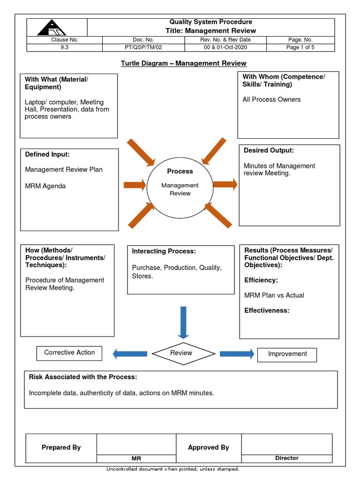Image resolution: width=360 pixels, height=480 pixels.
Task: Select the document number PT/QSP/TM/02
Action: (x=143, y=47)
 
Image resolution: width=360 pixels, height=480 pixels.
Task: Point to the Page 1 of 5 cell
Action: (x=300, y=47)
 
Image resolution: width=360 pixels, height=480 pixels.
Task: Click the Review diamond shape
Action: (x=181, y=353)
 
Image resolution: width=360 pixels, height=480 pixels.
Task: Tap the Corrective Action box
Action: (x=69, y=353)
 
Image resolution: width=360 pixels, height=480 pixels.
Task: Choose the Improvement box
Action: (x=287, y=354)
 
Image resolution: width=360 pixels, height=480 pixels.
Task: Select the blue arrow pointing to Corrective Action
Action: (x=130, y=353)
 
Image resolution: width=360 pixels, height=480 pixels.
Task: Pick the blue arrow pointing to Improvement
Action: (x=237, y=353)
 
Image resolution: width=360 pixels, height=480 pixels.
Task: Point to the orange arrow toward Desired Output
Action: (x=225, y=184)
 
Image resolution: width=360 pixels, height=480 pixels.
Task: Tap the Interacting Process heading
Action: (x=164, y=252)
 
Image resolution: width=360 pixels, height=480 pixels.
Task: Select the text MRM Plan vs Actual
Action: (x=274, y=295)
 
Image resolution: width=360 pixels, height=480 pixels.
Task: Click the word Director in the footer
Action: (x=286, y=458)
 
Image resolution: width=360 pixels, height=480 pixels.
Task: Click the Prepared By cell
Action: (x=61, y=448)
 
